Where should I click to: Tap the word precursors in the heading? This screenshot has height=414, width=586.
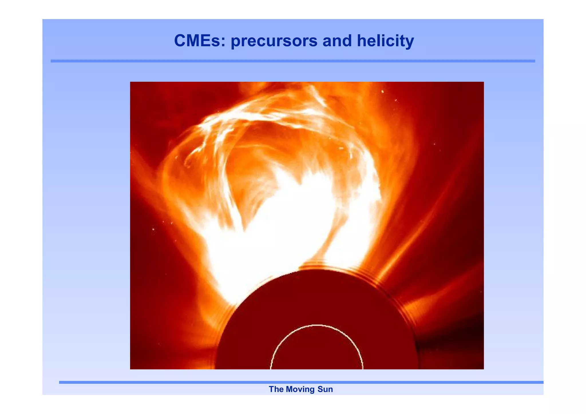pyautogui.click(x=274, y=41)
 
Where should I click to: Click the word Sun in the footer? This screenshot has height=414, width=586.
pyautogui.click(x=325, y=389)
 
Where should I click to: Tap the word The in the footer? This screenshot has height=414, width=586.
pyautogui.click(x=276, y=389)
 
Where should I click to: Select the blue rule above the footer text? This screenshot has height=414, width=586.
pyautogui.click(x=300, y=382)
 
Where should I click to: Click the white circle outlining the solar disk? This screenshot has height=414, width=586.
pyautogui.click(x=317, y=325)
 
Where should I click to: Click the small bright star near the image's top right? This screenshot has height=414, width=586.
pyautogui.click(x=383, y=91)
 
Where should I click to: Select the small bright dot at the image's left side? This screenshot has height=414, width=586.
pyautogui.click(x=153, y=229)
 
